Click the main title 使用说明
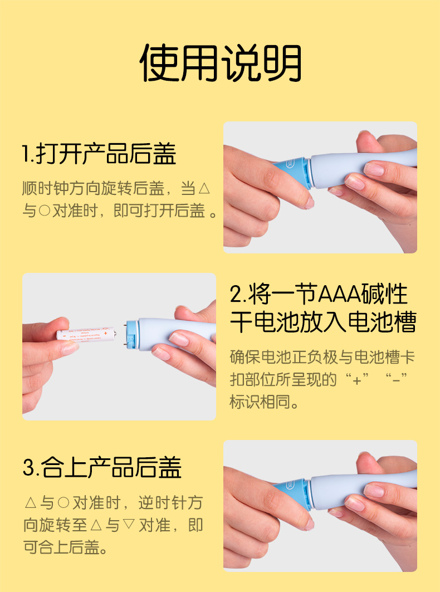pyautogui.click(x=221, y=63)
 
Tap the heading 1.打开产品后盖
pyautogui.click(x=99, y=154)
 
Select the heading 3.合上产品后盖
pyautogui.click(x=102, y=467)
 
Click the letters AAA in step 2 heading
pyautogui.click(x=340, y=295)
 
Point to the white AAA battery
pyautogui.click(x=86, y=334)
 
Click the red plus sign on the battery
pyautogui.click(x=106, y=334)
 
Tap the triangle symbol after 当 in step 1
pyautogui.click(x=204, y=188)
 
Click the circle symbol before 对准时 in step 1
pyautogui.click(x=44, y=211)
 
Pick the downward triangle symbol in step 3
pyautogui.click(x=129, y=525)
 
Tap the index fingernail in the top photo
pyautogui.click(x=309, y=202)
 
